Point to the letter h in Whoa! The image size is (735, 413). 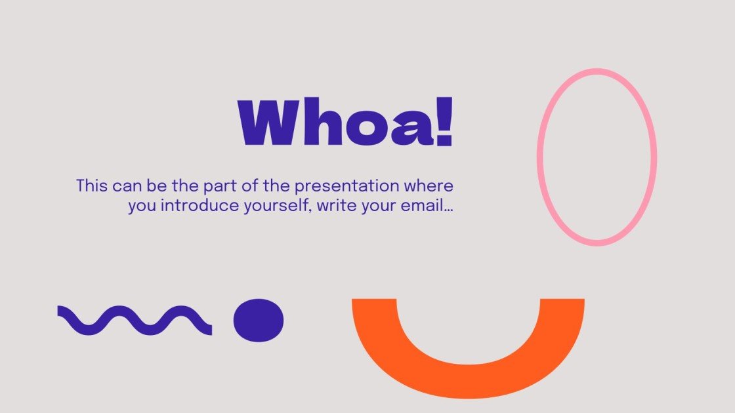(320, 123)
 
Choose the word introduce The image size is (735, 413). (187, 206)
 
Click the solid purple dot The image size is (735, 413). (259, 320)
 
